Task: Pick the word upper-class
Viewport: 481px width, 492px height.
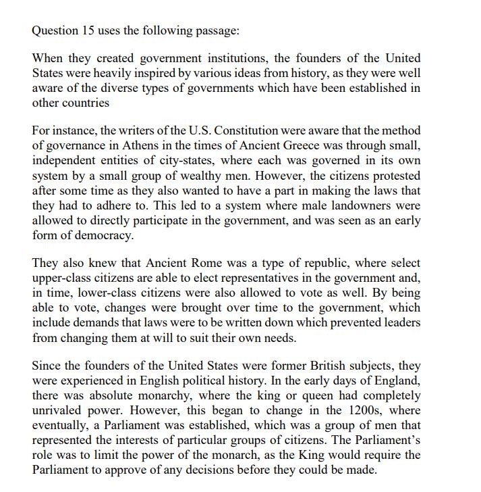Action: coord(61,278)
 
